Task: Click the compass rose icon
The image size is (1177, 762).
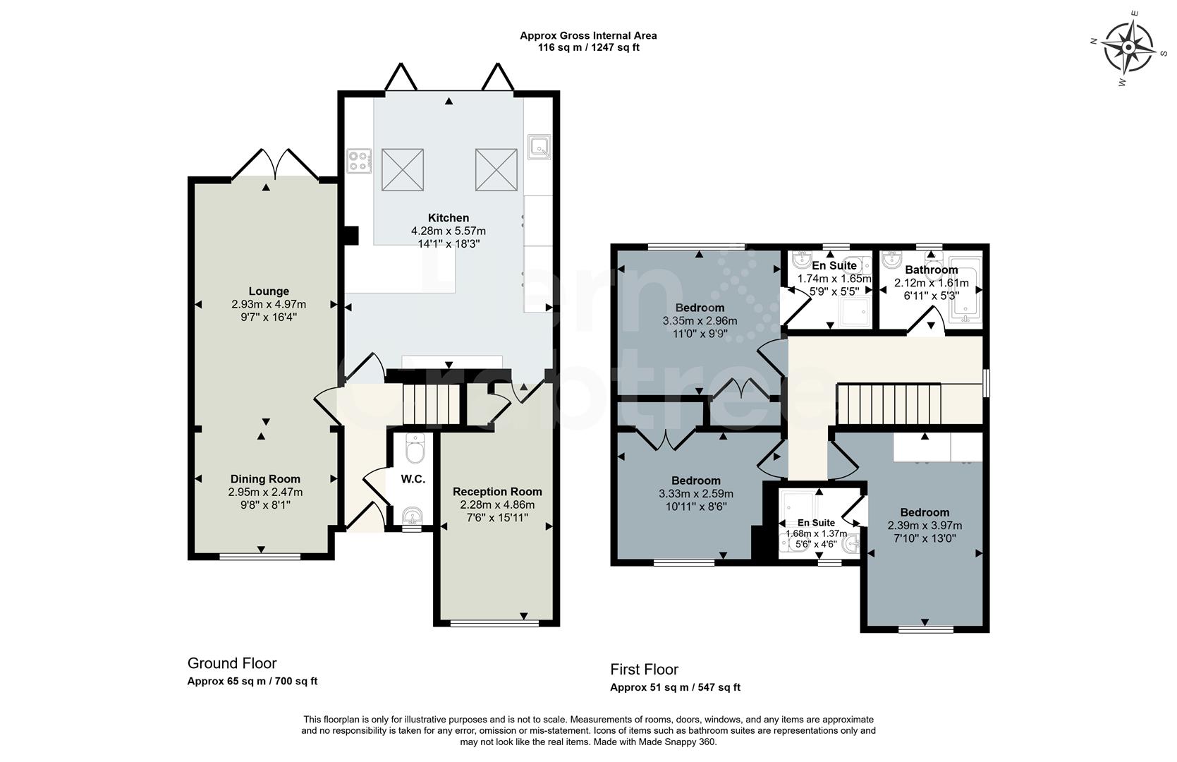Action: [1127, 47]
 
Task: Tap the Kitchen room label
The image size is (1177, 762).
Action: [448, 218]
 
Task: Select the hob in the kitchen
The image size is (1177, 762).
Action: [359, 160]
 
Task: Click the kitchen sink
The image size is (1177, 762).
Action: [539, 147]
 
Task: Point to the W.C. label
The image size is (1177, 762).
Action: [413, 479]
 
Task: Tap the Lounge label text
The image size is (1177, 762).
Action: [269, 291]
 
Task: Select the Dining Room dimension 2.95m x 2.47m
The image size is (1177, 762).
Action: [265, 492]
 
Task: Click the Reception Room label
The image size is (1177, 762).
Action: [497, 492]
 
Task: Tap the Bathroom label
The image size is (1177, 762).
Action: [931, 270]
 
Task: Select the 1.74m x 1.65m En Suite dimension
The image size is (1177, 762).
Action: [834, 279]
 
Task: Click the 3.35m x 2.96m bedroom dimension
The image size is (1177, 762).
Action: [700, 320]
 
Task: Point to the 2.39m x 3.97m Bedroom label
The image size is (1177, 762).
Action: [924, 513]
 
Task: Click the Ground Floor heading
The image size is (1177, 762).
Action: [232, 663]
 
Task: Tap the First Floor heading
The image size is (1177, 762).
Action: [644, 669]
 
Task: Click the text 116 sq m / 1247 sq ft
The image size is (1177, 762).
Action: [588, 47]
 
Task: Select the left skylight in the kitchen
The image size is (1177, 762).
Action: [402, 169]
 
